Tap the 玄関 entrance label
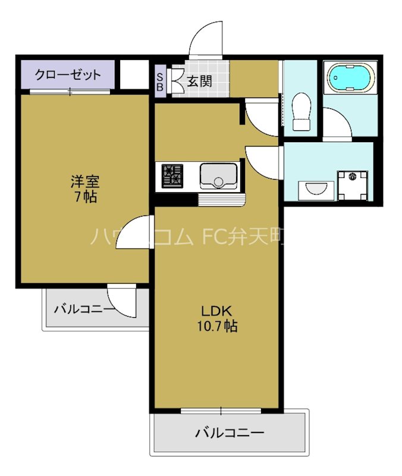coord(200,82)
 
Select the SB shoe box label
coord(160,82)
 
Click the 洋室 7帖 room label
coord(84,189)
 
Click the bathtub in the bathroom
coord(351,78)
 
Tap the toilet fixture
coord(301,112)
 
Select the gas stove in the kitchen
coord(172,176)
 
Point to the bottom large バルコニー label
coord(230,433)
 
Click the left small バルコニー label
coord(84,309)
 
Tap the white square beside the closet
coord(134,74)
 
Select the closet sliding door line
coord(70,91)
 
